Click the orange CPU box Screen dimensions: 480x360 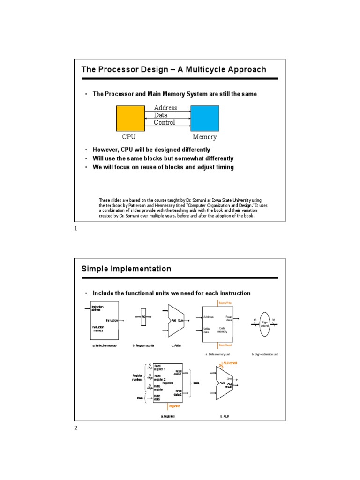pyautogui.click(x=130, y=119)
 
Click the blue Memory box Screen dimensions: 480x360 pyautogui.click(x=205, y=119)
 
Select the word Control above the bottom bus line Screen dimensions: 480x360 pyautogui.click(x=165, y=123)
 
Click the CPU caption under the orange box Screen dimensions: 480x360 pyautogui.click(x=129, y=137)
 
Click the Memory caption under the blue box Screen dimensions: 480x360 pyautogui.click(x=205, y=137)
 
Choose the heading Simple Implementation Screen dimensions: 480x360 pyautogui.click(x=127, y=269)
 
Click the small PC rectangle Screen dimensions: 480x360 pyautogui.click(x=144, y=317)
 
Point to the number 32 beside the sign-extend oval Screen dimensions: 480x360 pyautogui.click(x=273, y=320)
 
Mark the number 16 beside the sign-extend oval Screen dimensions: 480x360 pyautogui.click(x=255, y=320)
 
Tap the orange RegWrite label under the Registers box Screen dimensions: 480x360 pyautogui.click(x=168, y=406)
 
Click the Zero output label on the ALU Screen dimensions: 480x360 pyautogui.click(x=229, y=379)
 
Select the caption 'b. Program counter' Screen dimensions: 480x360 pyautogui.click(x=143, y=345)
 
